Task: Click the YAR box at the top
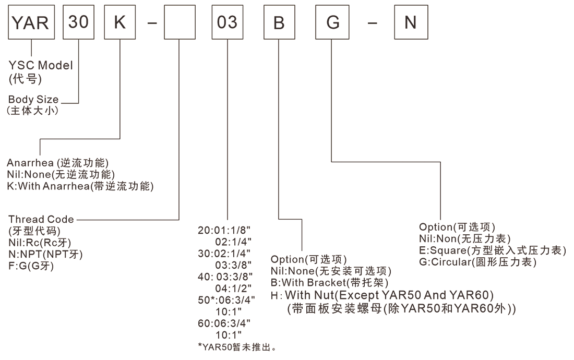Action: (x=32, y=23)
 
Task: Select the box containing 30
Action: (x=78, y=23)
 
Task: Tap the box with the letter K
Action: (x=120, y=23)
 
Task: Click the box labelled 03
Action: (x=227, y=23)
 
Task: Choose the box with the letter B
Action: (x=279, y=23)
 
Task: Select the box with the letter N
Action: (x=411, y=23)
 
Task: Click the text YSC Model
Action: (x=41, y=66)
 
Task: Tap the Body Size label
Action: (x=33, y=100)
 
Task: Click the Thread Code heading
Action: (x=41, y=219)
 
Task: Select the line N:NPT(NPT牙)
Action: (x=45, y=254)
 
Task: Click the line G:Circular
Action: (x=477, y=262)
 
